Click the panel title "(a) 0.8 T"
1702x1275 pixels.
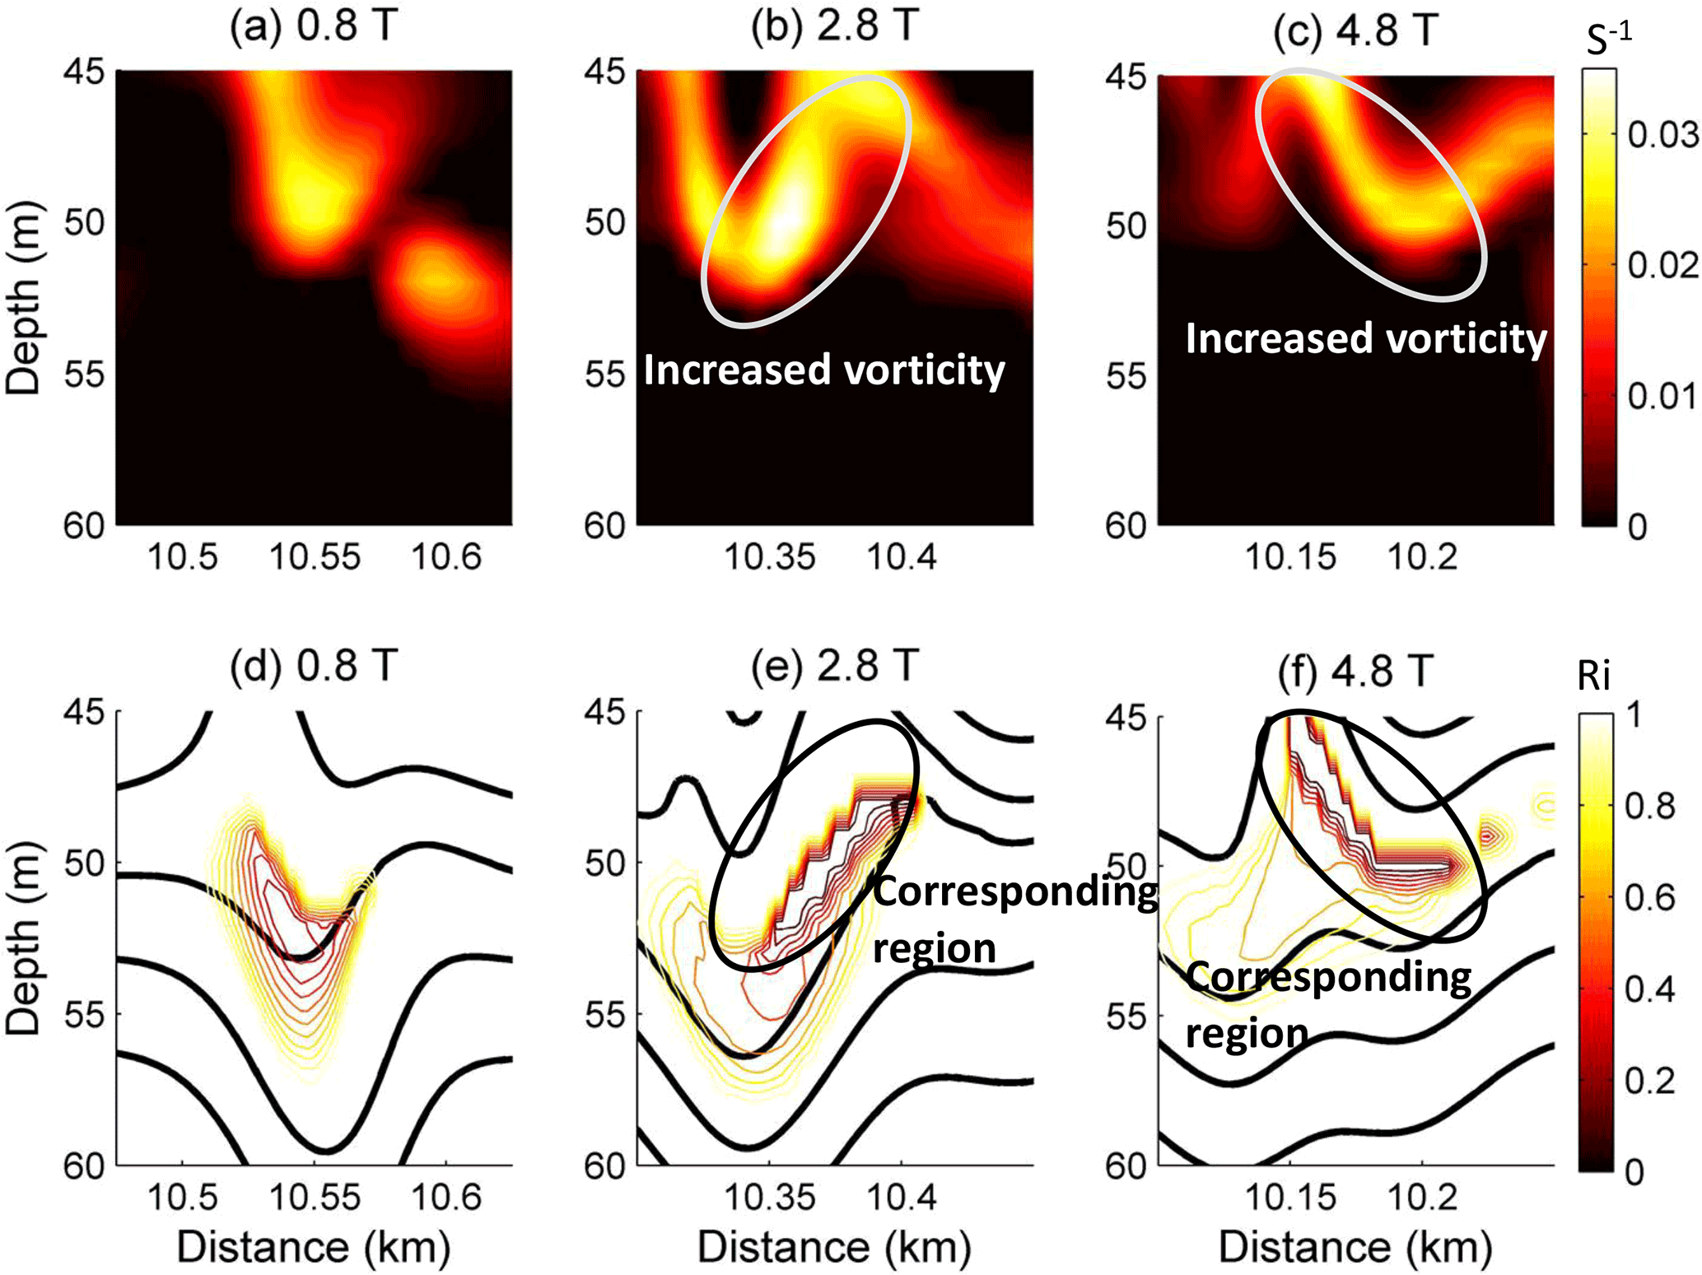(x=314, y=28)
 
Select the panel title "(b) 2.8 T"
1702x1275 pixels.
(x=834, y=28)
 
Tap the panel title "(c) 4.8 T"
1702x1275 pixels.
(x=1355, y=30)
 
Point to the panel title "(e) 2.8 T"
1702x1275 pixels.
(x=834, y=666)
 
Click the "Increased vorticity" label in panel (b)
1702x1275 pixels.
(x=823, y=370)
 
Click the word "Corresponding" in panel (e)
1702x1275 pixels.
(x=1015, y=892)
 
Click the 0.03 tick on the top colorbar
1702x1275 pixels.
(x=1662, y=134)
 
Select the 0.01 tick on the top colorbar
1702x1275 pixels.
(x=1662, y=396)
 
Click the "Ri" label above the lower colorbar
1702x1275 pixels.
(x=1593, y=677)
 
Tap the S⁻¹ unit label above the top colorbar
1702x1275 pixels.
(x=1608, y=40)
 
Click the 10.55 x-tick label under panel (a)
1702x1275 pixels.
(x=315, y=557)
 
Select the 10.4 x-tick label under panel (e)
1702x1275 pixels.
(x=902, y=1197)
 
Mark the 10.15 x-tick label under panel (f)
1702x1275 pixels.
(x=1290, y=1197)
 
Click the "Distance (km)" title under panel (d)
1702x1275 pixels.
(x=314, y=1247)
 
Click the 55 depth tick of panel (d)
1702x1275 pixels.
(x=84, y=1014)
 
